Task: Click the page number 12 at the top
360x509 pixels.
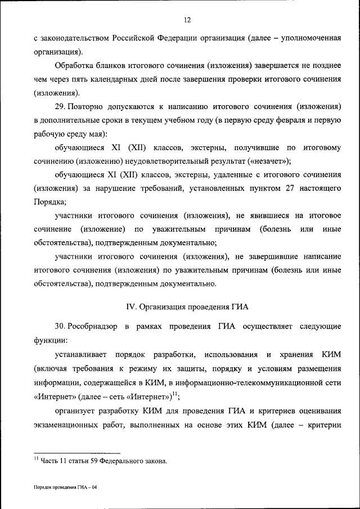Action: pos(187,20)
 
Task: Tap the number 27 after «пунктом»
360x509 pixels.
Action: pos(290,188)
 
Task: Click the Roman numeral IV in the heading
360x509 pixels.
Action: pos(128,307)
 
